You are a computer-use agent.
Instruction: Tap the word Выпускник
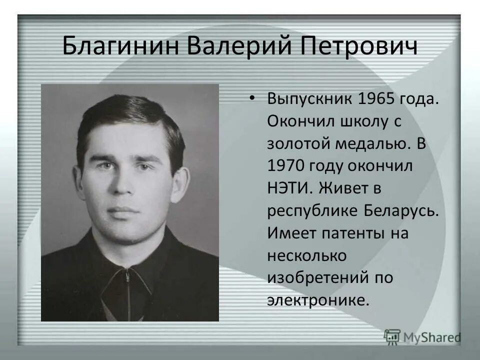click(x=308, y=98)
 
